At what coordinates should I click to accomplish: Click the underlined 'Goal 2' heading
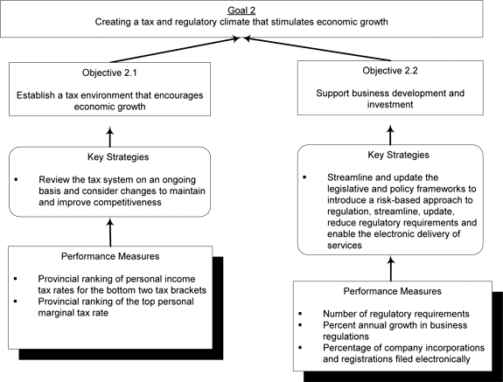pos(241,10)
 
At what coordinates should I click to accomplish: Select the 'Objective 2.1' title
pos(109,73)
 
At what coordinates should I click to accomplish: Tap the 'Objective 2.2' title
pos(390,71)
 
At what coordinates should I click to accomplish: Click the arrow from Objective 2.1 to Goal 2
pos(175,50)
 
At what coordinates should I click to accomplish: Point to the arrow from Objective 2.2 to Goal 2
pos(317,49)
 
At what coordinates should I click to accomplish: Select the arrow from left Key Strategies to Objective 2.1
pos(110,137)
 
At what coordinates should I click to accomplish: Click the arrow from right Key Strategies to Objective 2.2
pos(390,135)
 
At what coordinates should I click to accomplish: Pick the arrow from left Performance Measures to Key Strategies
pos(110,233)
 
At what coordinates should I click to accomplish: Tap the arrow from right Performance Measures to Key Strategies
pos(391,269)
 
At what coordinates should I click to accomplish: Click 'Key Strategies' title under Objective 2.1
pos(118,157)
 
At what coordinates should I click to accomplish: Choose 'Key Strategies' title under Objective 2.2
pos(398,155)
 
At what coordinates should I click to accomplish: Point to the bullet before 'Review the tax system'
pos(16,179)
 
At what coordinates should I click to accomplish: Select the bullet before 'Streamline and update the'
pos(304,177)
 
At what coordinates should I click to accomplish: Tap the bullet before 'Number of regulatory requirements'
pos(300,314)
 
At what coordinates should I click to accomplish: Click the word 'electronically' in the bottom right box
pos(445,359)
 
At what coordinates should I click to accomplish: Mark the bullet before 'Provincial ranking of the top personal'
pos(15,302)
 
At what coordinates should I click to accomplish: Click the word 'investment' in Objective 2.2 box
pos(390,105)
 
